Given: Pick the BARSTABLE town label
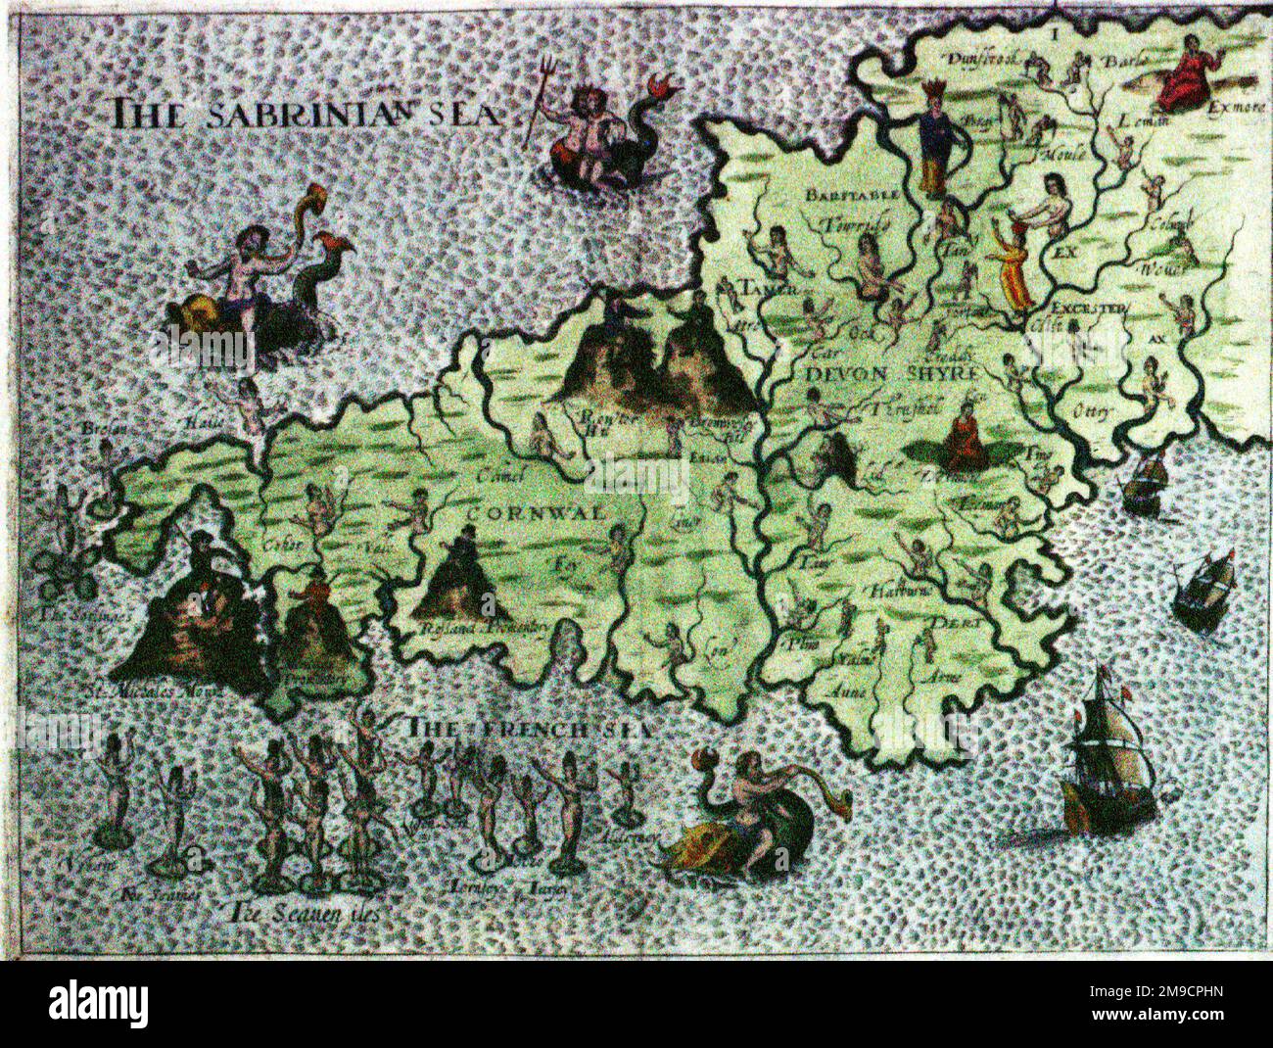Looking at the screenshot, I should pos(852,195).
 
